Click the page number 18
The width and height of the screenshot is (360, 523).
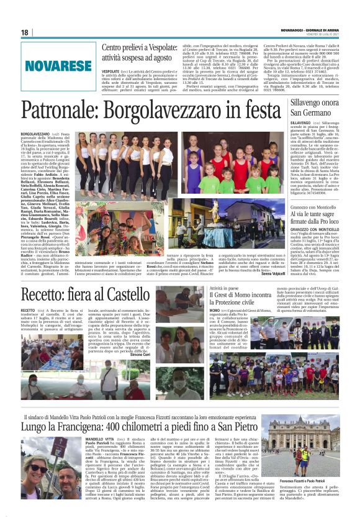click(25, 32)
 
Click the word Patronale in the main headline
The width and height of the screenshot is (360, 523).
click(58, 111)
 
